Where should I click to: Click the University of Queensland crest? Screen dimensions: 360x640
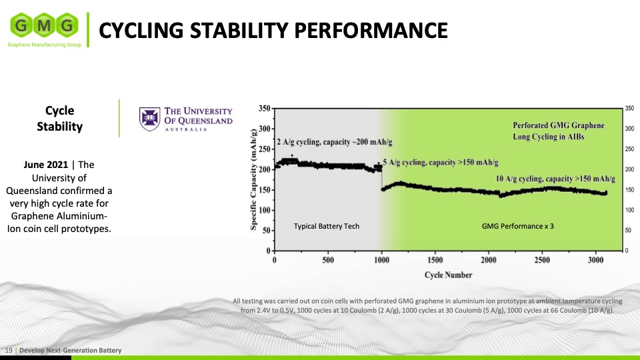149,117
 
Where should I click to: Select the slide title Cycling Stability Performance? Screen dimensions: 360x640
273,30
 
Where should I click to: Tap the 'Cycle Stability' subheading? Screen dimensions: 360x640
59,118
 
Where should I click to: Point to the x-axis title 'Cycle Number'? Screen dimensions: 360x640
448,275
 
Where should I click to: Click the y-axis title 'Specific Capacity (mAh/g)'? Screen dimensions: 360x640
254,178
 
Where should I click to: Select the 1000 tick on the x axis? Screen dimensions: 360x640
381,261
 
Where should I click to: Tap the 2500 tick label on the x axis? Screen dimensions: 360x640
541,261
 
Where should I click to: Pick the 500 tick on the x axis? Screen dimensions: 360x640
328,261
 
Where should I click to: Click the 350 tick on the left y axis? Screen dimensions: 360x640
264,108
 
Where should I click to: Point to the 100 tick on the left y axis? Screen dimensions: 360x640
264,210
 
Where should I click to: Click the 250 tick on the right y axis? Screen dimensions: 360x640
629,149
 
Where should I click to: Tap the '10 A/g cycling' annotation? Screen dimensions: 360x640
555,179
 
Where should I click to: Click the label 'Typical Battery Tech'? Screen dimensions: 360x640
326,227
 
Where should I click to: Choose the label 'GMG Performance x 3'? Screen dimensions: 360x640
517,227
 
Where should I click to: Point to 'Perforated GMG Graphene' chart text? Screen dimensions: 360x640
558,125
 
